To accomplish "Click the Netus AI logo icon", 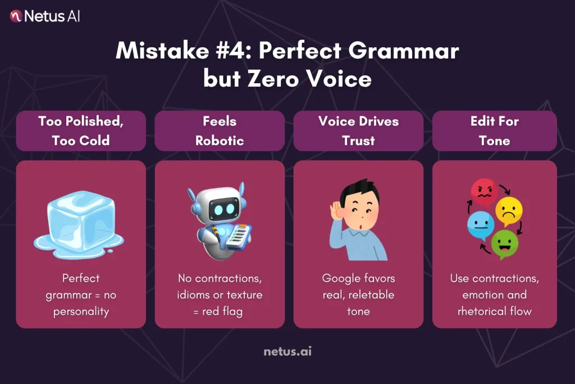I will [x=16, y=16].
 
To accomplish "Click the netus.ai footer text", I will [x=287, y=352].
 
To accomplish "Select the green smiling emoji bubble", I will [x=504, y=243].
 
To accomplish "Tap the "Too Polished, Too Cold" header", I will [x=81, y=130].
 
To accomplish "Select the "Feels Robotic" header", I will [x=220, y=130].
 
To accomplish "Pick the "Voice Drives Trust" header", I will [x=358, y=130].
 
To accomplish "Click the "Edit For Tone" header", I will [x=494, y=130].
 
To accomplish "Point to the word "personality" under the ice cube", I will [x=80, y=311].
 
